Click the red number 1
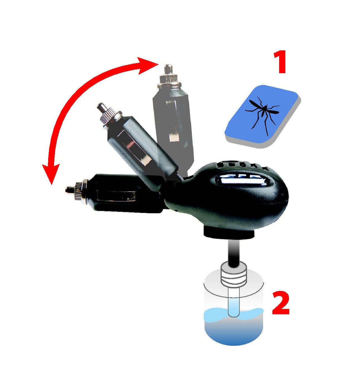click(x=280, y=62)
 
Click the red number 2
click(x=281, y=303)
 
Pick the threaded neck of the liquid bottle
click(x=234, y=274)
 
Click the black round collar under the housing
click(x=229, y=232)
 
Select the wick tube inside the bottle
click(x=234, y=304)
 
